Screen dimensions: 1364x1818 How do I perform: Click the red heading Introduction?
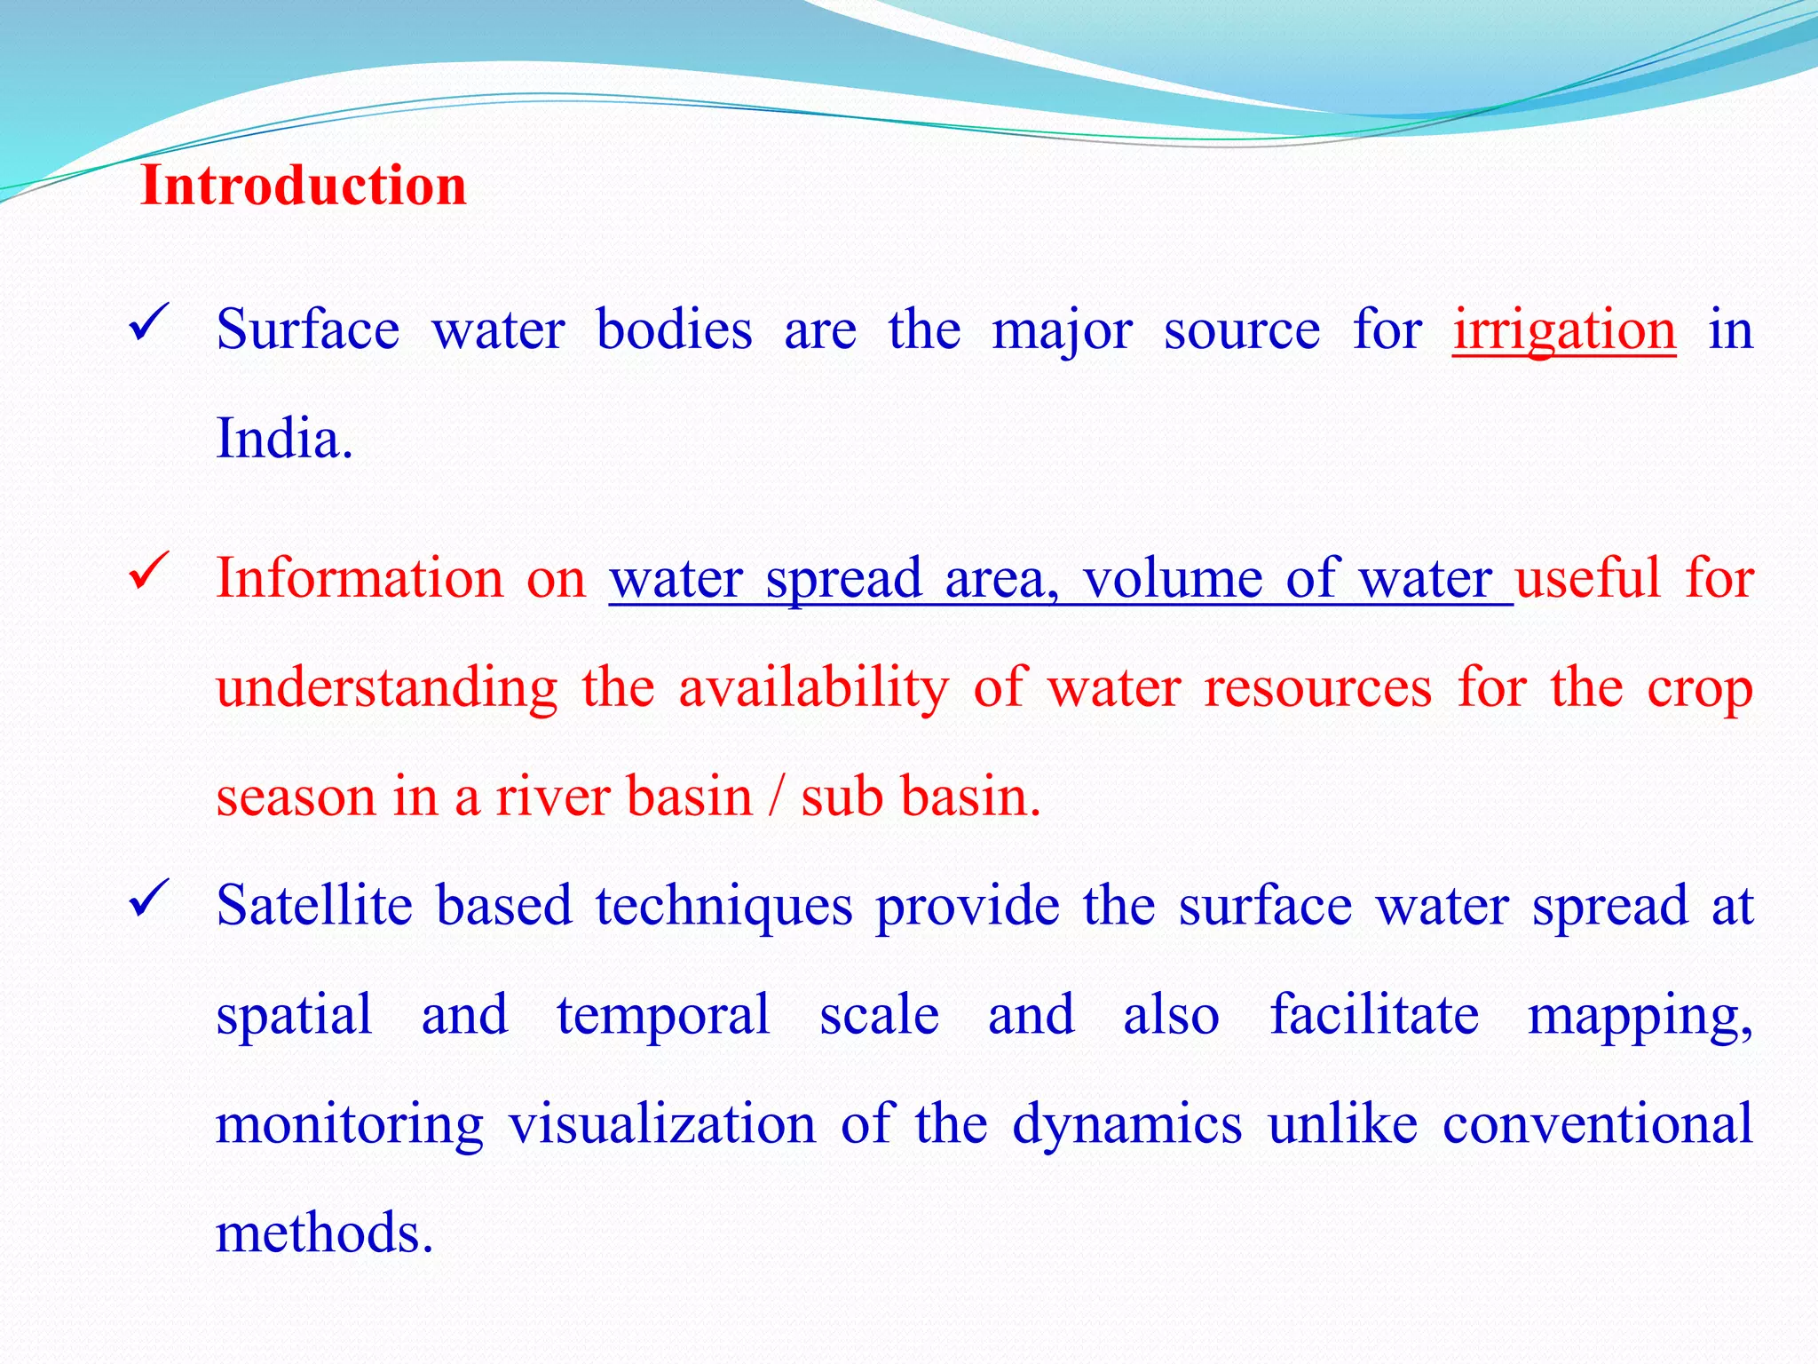point(303,186)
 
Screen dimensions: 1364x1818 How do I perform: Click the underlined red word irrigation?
point(1564,330)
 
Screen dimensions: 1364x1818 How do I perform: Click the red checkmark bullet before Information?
point(149,571)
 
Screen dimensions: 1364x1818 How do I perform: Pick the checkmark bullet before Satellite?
point(149,899)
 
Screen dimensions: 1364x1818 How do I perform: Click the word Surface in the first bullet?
point(307,330)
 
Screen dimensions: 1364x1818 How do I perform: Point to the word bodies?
point(674,330)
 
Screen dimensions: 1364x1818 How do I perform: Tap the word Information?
point(360,578)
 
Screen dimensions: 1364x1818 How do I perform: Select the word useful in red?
point(1587,578)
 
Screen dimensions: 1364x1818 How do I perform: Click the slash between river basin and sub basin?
point(777,797)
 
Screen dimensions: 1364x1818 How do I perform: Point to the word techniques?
point(723,908)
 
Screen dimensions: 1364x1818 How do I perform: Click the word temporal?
point(662,1017)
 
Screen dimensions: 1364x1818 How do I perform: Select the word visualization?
point(661,1124)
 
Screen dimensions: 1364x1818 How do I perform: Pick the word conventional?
point(1597,1124)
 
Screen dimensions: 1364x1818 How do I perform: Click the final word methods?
point(324,1233)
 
